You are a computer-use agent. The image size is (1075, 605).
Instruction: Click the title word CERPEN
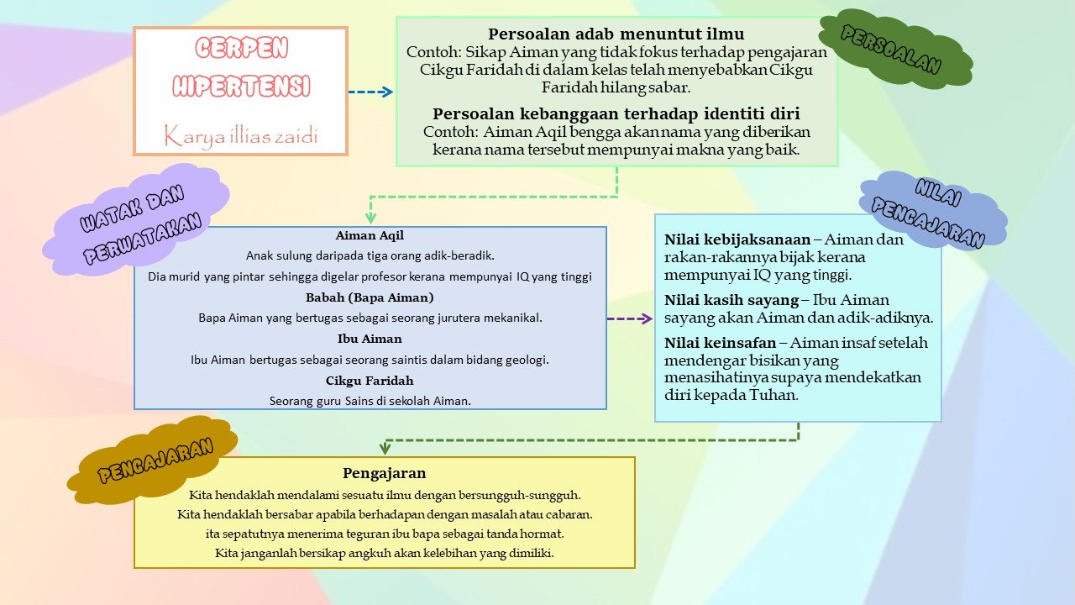241,49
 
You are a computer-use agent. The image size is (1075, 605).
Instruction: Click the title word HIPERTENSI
241,86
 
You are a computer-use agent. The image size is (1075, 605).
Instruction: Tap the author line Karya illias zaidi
241,134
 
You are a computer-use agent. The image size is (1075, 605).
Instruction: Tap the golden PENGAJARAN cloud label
155,460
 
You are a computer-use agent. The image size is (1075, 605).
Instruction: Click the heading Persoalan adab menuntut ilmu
616,34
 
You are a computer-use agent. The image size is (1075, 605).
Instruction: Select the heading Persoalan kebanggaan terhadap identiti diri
616,113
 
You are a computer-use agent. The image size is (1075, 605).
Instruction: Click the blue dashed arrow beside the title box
370,92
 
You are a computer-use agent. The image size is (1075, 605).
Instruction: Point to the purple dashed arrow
629,319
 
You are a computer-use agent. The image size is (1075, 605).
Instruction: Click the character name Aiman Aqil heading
370,236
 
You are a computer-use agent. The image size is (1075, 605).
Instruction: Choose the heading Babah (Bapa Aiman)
370,297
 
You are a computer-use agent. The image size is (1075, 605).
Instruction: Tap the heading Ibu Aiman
370,339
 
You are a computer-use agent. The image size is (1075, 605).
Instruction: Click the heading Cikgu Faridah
370,381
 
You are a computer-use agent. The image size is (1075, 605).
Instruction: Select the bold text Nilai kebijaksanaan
737,239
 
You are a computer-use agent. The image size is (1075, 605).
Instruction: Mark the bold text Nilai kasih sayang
731,300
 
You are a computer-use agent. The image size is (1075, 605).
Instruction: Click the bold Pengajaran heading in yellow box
384,473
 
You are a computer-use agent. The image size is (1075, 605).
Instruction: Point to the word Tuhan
771,395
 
